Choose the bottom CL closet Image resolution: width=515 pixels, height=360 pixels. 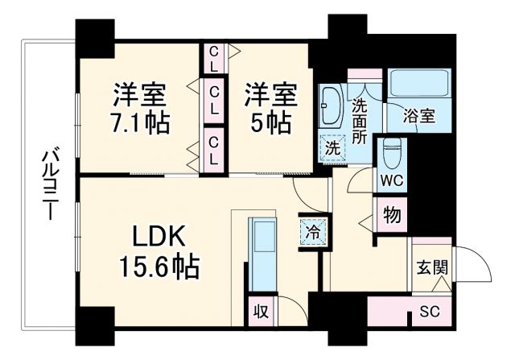click(x=213, y=150)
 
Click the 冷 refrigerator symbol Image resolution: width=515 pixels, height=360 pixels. click(x=312, y=230)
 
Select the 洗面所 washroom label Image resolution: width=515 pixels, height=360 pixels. click(x=360, y=119)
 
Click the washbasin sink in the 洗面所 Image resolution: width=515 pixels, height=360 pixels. click(x=331, y=106)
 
